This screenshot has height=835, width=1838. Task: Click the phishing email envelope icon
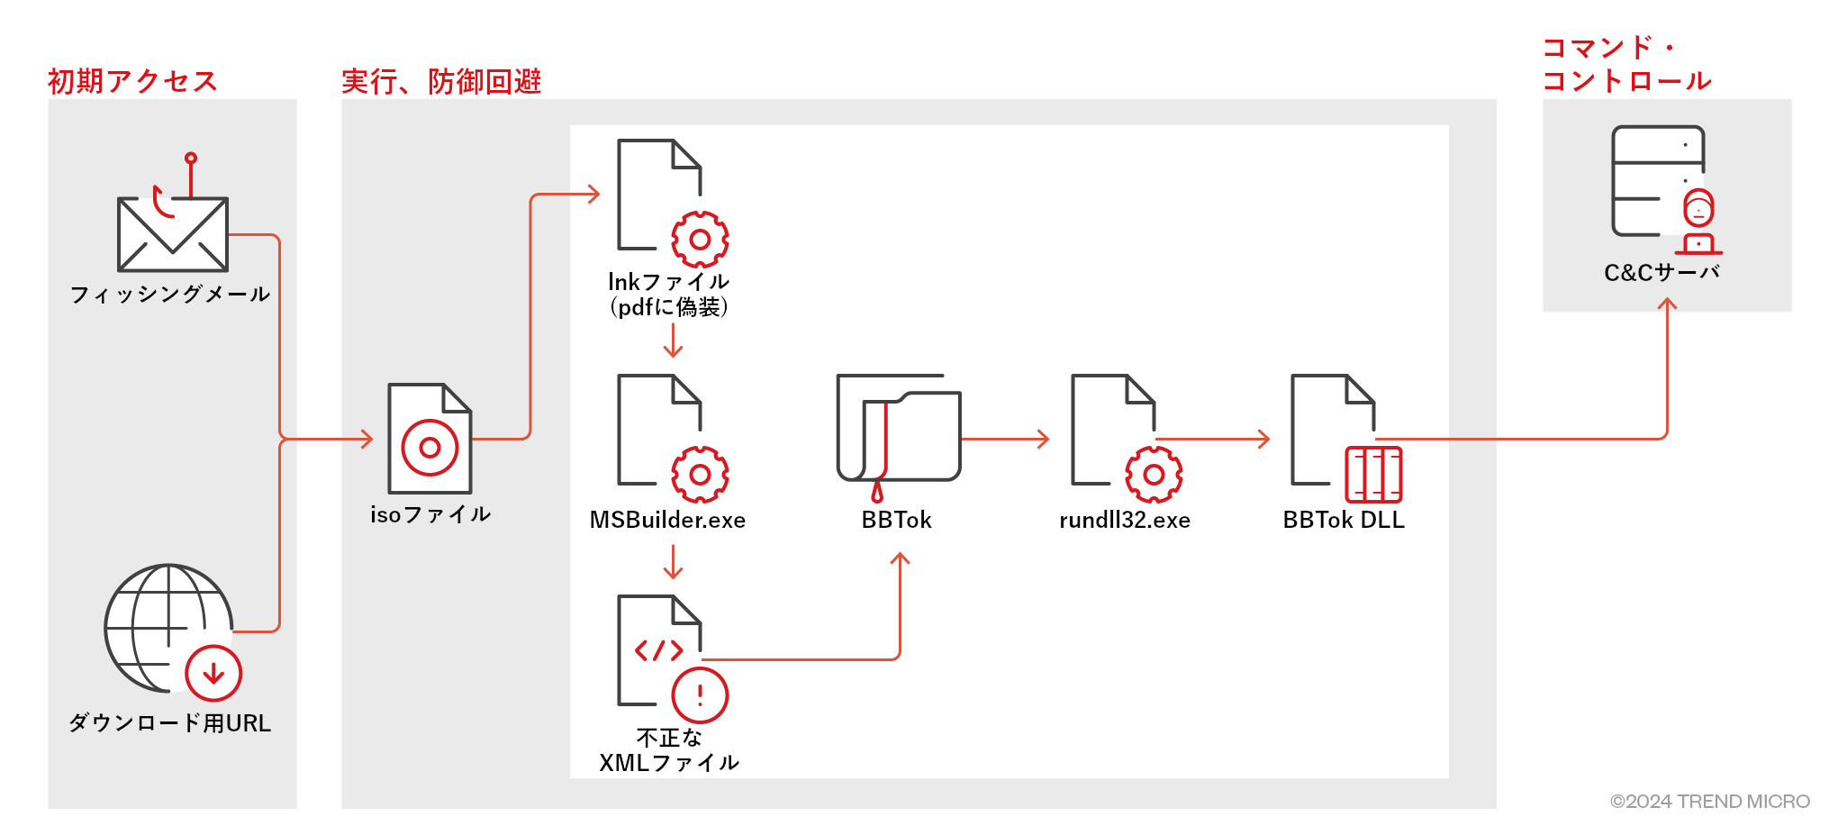click(172, 233)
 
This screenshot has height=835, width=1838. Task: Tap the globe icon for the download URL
click(162, 626)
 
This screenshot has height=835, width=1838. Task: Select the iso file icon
click(430, 439)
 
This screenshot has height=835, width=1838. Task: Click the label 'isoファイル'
click(430, 514)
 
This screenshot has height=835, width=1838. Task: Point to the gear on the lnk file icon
click(700, 240)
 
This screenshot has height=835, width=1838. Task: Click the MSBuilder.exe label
click(667, 520)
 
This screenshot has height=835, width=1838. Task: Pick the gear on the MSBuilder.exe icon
click(700, 475)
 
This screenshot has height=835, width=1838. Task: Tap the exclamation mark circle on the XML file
click(700, 695)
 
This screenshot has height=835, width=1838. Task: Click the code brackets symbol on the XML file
click(658, 650)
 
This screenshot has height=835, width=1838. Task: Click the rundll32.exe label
click(1125, 520)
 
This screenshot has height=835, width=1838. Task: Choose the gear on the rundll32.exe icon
click(1154, 475)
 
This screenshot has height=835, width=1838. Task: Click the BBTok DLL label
click(1344, 520)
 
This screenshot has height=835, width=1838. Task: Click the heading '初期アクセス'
click(132, 81)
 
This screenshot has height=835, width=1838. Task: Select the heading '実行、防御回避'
click(441, 81)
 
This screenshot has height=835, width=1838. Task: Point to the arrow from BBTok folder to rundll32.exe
click(1005, 440)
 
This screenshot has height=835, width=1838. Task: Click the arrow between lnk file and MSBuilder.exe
click(673, 340)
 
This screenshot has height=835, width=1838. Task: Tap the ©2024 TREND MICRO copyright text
click(1709, 801)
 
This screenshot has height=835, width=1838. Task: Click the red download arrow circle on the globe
click(213, 673)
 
